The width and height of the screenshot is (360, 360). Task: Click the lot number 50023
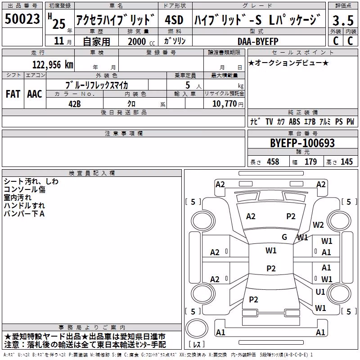tap(22, 19)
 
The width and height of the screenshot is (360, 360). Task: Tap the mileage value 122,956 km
tap(53, 65)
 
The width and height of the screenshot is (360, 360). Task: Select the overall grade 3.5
tap(343, 20)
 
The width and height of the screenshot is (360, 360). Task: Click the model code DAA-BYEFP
tap(258, 41)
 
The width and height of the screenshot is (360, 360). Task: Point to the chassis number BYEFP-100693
tap(302, 143)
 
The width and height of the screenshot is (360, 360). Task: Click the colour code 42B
tap(75, 104)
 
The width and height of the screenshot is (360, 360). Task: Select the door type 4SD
tap(174, 20)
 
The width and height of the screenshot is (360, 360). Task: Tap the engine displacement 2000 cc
tap(141, 41)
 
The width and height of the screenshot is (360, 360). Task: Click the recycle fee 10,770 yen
tap(228, 104)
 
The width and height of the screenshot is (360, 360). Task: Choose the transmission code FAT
tap(13, 94)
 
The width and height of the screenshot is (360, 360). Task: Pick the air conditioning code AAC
tap(35, 94)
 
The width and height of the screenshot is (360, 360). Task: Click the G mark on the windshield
tap(284, 237)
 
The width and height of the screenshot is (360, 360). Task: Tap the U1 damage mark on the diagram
tap(320, 292)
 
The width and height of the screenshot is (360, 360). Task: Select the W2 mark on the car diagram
tap(318, 225)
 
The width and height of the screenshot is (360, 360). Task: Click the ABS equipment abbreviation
tap(294, 121)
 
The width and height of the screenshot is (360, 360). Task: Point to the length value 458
tap(273, 162)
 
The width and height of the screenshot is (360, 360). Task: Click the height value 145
tap(346, 162)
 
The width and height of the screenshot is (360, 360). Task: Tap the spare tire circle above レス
tap(197, 328)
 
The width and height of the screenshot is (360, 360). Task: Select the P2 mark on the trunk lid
tap(253, 299)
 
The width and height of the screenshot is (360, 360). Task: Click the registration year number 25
tap(59, 24)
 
